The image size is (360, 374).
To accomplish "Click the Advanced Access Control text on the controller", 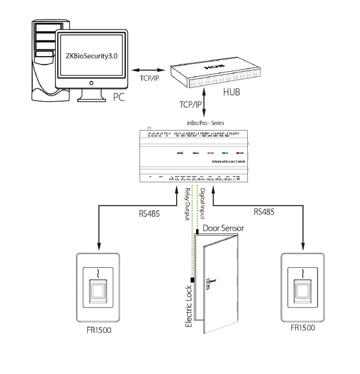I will (229, 162).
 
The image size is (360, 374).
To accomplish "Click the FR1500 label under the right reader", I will (302, 327).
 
